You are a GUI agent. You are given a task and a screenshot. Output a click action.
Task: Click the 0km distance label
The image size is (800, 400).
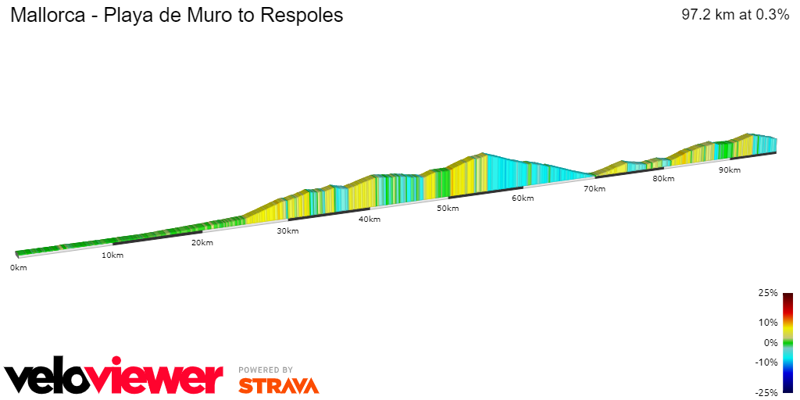[x=18, y=268]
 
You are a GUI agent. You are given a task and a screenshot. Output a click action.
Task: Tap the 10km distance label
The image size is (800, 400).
[x=112, y=255]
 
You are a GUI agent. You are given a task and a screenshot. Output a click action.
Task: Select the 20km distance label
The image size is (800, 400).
[x=202, y=243]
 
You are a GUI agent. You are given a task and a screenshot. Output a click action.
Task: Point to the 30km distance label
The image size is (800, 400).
[x=287, y=231]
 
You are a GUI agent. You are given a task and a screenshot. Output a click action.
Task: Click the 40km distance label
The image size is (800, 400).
[x=370, y=220]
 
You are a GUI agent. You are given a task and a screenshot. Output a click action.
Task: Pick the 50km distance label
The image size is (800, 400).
[x=448, y=209]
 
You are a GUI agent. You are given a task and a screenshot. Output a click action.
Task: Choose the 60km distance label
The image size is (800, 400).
[x=523, y=198]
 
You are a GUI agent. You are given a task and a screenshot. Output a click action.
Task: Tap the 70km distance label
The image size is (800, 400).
[x=595, y=189]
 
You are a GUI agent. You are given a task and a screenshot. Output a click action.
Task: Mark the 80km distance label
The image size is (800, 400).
[x=663, y=179]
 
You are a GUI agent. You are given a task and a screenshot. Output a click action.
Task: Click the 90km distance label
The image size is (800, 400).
[x=730, y=170]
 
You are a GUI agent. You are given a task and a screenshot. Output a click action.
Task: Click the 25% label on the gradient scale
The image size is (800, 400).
[x=768, y=293]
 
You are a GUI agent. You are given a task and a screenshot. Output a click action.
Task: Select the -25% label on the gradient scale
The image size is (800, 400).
[x=767, y=392]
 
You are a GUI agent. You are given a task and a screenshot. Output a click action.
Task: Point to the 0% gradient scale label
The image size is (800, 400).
[x=770, y=342]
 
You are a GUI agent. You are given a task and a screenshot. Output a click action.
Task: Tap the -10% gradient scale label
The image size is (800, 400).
[x=767, y=362]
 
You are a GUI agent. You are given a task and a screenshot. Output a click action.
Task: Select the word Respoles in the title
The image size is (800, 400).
[x=305, y=16]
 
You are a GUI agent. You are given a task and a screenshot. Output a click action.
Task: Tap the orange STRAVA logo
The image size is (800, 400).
[x=278, y=385]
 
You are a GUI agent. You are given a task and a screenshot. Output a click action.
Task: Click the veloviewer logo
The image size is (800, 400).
[x=114, y=377]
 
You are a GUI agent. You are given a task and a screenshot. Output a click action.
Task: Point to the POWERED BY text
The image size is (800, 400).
[x=266, y=370]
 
